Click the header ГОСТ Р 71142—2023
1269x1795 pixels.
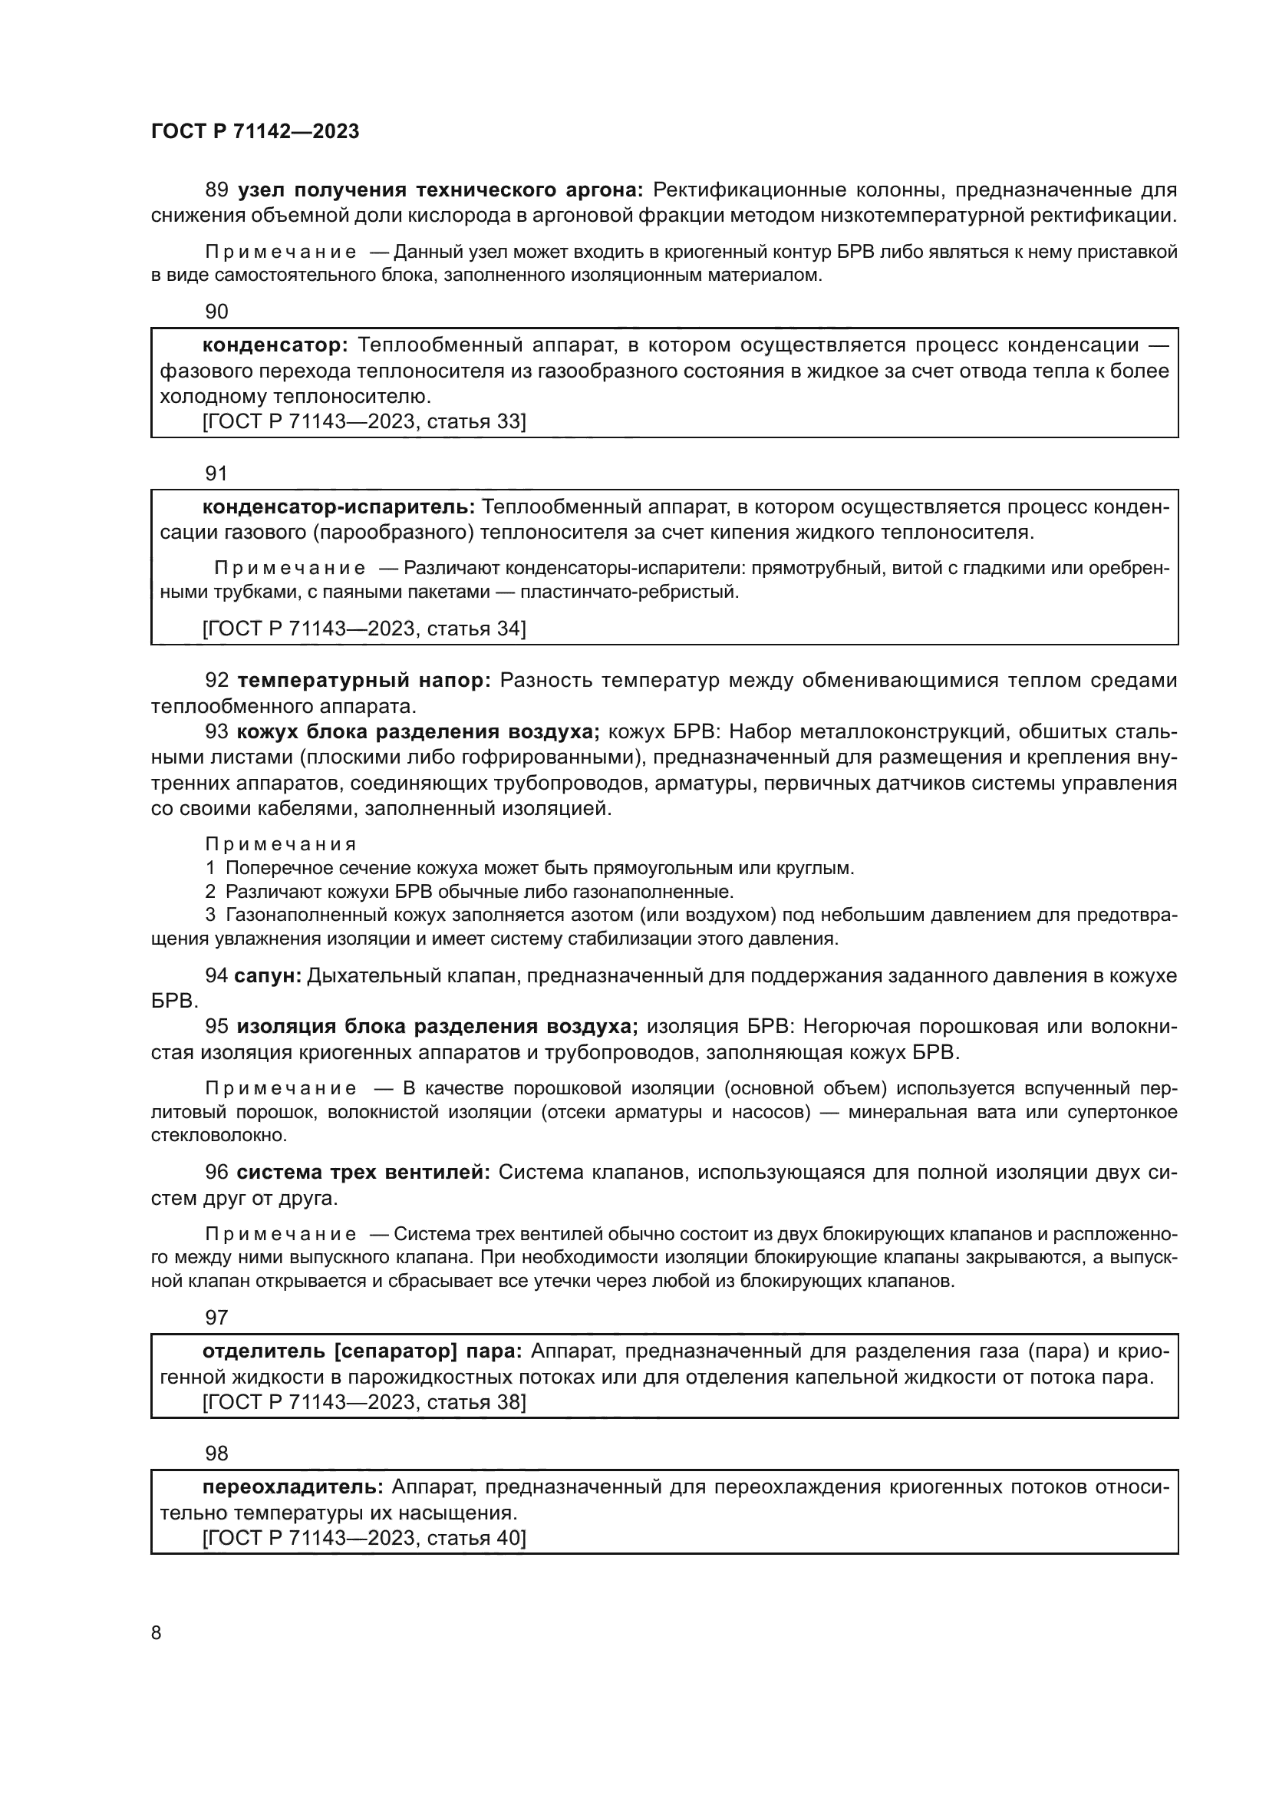point(255,131)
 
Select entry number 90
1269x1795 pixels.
point(216,312)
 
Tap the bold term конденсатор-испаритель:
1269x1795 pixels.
point(338,507)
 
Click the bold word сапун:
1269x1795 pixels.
point(268,975)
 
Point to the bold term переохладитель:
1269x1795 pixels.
point(293,1487)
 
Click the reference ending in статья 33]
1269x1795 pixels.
point(364,422)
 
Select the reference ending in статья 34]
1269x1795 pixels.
point(364,629)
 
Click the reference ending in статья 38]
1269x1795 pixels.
point(364,1402)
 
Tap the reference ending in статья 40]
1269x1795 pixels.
point(364,1538)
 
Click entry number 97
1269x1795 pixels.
point(216,1318)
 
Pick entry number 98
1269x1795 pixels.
point(216,1453)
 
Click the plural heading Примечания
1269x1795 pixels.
point(281,844)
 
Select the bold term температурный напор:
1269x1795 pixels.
point(364,681)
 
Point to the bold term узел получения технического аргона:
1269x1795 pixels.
point(440,190)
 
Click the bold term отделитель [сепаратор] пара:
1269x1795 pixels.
point(363,1351)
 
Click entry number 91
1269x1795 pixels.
point(216,473)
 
